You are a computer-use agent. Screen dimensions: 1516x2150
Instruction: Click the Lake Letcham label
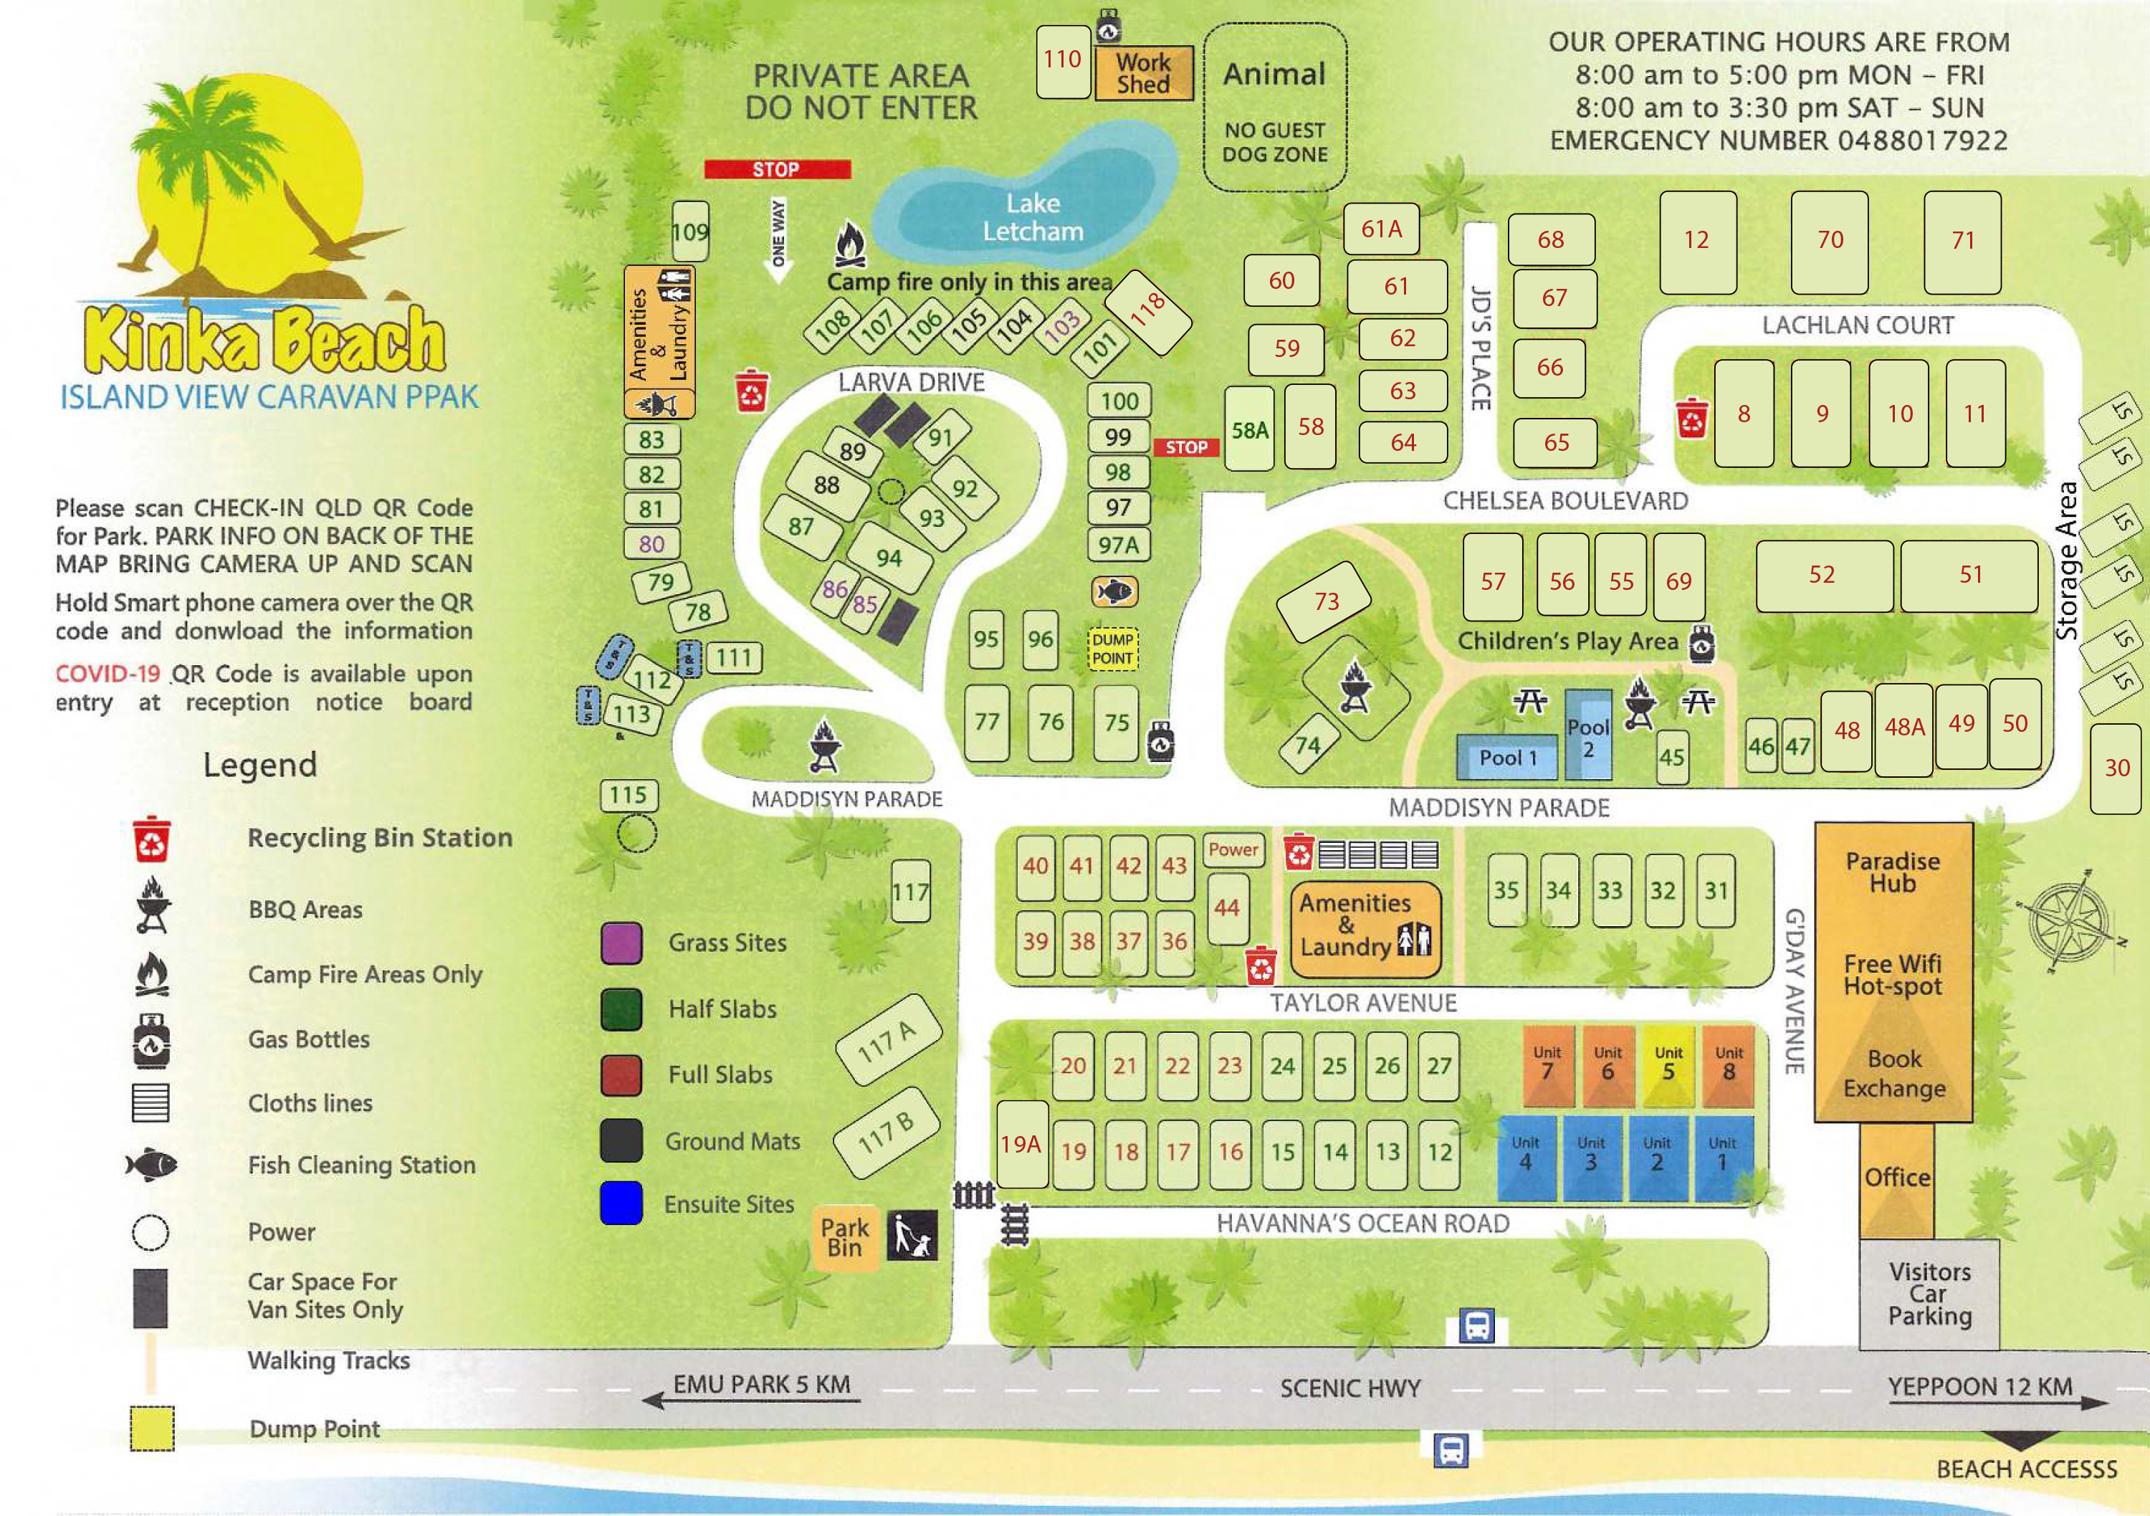(1032, 217)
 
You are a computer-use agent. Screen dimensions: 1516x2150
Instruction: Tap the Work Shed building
(1143, 73)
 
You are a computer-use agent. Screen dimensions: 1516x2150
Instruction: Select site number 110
(1062, 61)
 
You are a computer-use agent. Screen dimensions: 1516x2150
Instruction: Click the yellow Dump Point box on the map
(1112, 649)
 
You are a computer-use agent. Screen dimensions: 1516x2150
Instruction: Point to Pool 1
(1506, 758)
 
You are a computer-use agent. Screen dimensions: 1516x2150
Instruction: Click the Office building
(1896, 1178)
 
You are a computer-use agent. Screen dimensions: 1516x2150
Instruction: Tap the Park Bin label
(845, 1237)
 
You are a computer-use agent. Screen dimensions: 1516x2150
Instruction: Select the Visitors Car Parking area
(1929, 1293)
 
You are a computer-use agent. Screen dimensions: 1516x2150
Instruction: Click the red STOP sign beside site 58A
(1185, 447)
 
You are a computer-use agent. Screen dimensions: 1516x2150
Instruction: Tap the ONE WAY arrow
(779, 238)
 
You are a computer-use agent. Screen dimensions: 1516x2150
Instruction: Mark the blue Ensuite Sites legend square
(621, 1203)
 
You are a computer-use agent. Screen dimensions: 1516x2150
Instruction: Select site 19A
(1021, 1144)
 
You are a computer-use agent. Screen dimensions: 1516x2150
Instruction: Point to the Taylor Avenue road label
(1362, 1003)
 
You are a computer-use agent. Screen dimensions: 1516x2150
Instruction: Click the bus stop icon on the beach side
(1451, 1449)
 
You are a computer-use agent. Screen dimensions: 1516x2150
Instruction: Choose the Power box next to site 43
(1233, 849)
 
